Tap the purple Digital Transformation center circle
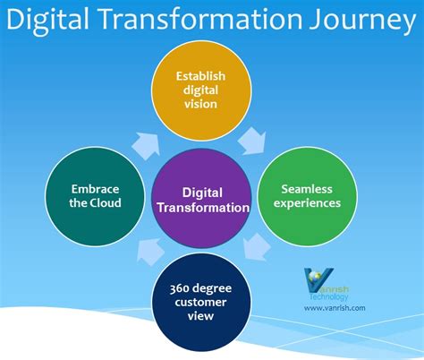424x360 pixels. click(203, 198)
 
